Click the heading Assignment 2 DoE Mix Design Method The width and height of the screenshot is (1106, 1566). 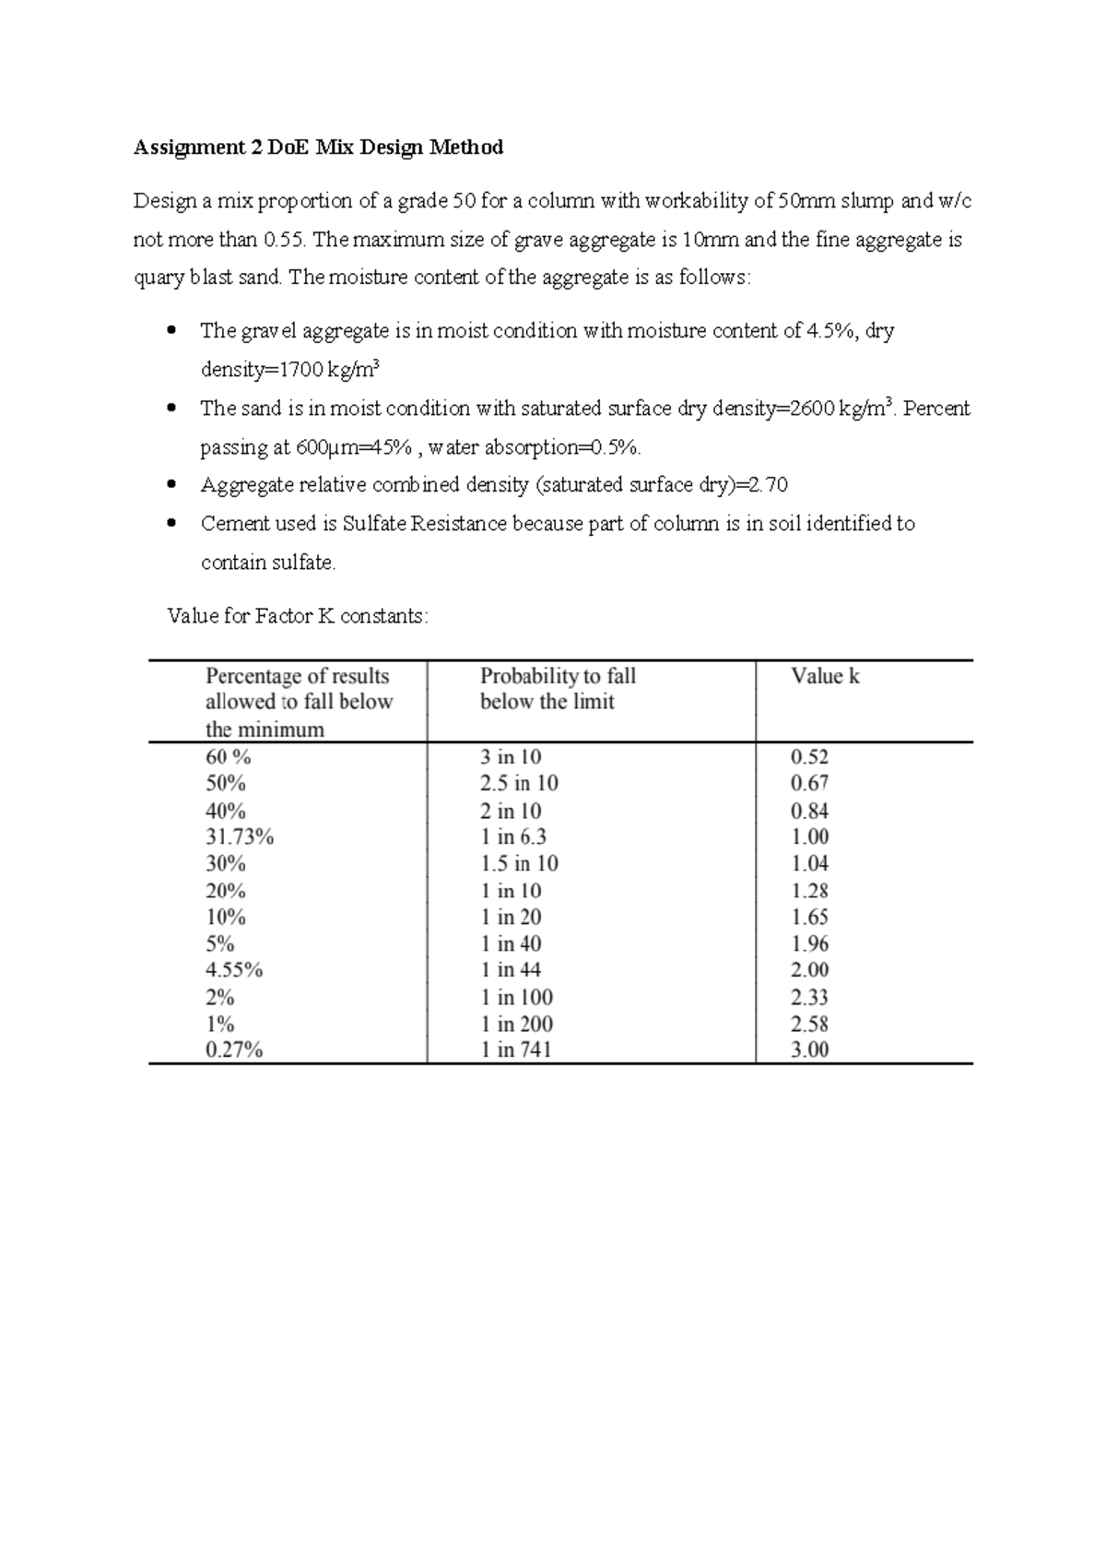click(318, 148)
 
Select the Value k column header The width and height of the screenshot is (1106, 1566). click(825, 676)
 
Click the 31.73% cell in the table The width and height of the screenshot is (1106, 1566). click(240, 837)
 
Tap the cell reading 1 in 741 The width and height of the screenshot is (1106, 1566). click(515, 1050)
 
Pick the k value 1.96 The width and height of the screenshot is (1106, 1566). click(809, 943)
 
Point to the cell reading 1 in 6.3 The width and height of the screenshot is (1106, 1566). click(512, 837)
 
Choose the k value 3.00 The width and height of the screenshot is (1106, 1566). click(809, 1050)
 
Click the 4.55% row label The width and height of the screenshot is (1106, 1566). click(234, 970)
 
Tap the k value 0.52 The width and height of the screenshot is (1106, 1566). click(809, 757)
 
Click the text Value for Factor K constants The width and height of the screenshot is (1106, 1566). click(297, 615)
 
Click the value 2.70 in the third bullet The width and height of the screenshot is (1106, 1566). click(768, 485)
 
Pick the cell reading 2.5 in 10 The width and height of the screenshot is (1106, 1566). click(519, 784)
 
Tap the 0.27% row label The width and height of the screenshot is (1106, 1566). click(234, 1050)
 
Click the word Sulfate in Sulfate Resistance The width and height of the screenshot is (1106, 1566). click(374, 524)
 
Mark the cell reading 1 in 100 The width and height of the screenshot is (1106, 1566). click(516, 997)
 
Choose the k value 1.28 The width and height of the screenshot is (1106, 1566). click(809, 891)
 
